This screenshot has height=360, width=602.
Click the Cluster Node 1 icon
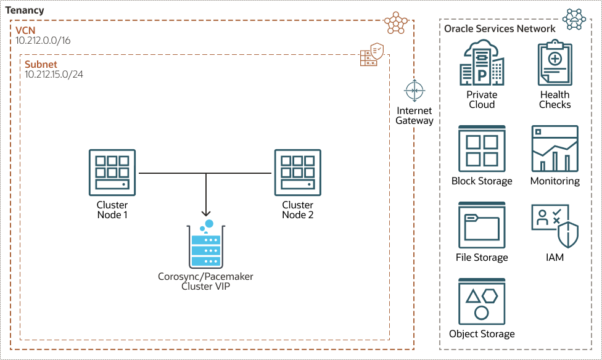(x=112, y=173)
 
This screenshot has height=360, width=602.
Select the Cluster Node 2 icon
(x=297, y=173)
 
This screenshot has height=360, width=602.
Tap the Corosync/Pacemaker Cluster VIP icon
(x=205, y=245)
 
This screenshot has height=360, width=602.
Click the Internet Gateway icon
(x=414, y=91)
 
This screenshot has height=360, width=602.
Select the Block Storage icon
(x=482, y=149)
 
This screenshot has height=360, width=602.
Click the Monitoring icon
(x=555, y=149)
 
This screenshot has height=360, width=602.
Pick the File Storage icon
(x=482, y=225)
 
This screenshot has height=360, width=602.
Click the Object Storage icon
(x=482, y=301)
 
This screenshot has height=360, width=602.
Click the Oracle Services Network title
(x=500, y=28)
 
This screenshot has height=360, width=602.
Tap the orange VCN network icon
(x=396, y=22)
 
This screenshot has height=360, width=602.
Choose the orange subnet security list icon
(x=372, y=57)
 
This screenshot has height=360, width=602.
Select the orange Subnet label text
(x=41, y=63)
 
